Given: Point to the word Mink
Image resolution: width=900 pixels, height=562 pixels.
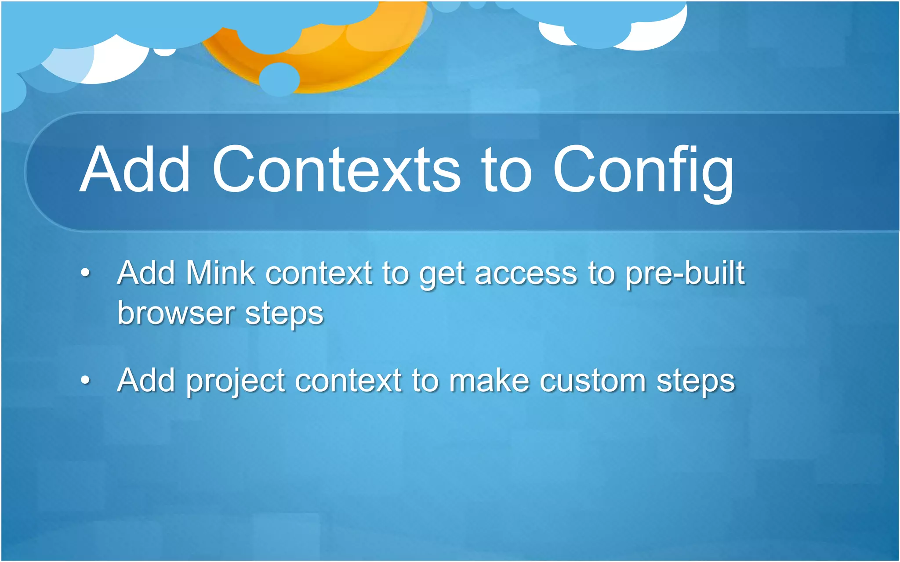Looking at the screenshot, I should (220, 273).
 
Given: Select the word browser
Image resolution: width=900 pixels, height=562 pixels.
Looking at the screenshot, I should (176, 313).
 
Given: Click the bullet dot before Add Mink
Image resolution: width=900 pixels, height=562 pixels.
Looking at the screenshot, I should (86, 274).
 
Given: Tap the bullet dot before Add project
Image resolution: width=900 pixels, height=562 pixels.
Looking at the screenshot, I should (86, 380).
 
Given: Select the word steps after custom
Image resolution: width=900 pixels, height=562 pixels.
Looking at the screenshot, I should (695, 382).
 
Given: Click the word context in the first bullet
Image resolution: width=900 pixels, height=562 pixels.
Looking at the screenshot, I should (319, 274).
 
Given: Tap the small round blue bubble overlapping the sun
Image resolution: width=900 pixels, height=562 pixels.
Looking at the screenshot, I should (279, 79).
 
